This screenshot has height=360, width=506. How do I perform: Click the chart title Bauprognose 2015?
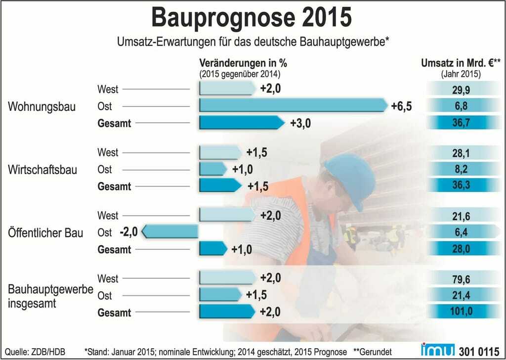pos(252,17)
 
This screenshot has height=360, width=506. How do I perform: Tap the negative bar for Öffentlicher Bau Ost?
pos(171,231)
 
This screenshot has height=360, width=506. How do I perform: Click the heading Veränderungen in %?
pos(243,63)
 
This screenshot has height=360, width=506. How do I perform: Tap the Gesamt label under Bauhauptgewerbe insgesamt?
pos(114,313)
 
